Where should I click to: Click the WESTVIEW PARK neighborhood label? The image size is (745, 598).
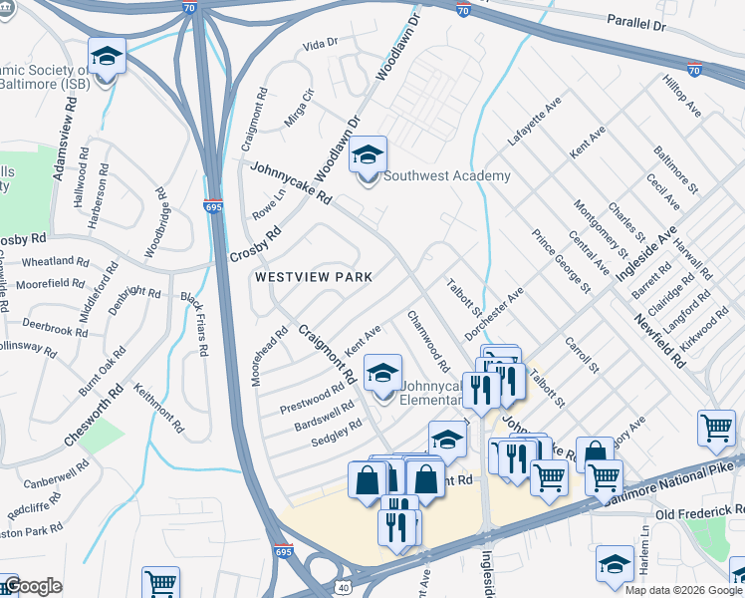313,277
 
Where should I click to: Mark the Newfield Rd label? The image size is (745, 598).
658,343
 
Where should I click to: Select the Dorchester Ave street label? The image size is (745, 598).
494,312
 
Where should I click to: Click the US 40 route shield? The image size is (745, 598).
346,587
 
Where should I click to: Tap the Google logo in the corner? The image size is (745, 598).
32,586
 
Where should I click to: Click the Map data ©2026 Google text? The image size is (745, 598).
683,590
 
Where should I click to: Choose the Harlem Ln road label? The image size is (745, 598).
644,549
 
